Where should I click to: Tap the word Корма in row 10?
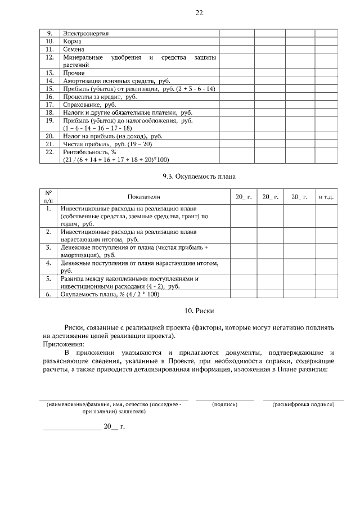pyautogui.click(x=71, y=42)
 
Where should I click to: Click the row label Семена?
pyautogui.click(x=73, y=49)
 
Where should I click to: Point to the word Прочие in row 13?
pyautogui.click(x=74, y=73)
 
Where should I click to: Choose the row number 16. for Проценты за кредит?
pyautogui.click(x=49, y=97)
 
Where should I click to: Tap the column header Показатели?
pyautogui.click(x=143, y=197)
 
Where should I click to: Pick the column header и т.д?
pyautogui.click(x=326, y=197)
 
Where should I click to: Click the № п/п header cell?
pyautogui.click(x=48, y=197)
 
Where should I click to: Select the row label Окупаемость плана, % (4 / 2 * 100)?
pyautogui.click(x=110, y=294)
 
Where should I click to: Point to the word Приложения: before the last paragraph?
pyautogui.click(x=63, y=344)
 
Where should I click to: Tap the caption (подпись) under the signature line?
pyautogui.click(x=224, y=404)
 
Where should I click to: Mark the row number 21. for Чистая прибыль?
pyautogui.click(x=49, y=144)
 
